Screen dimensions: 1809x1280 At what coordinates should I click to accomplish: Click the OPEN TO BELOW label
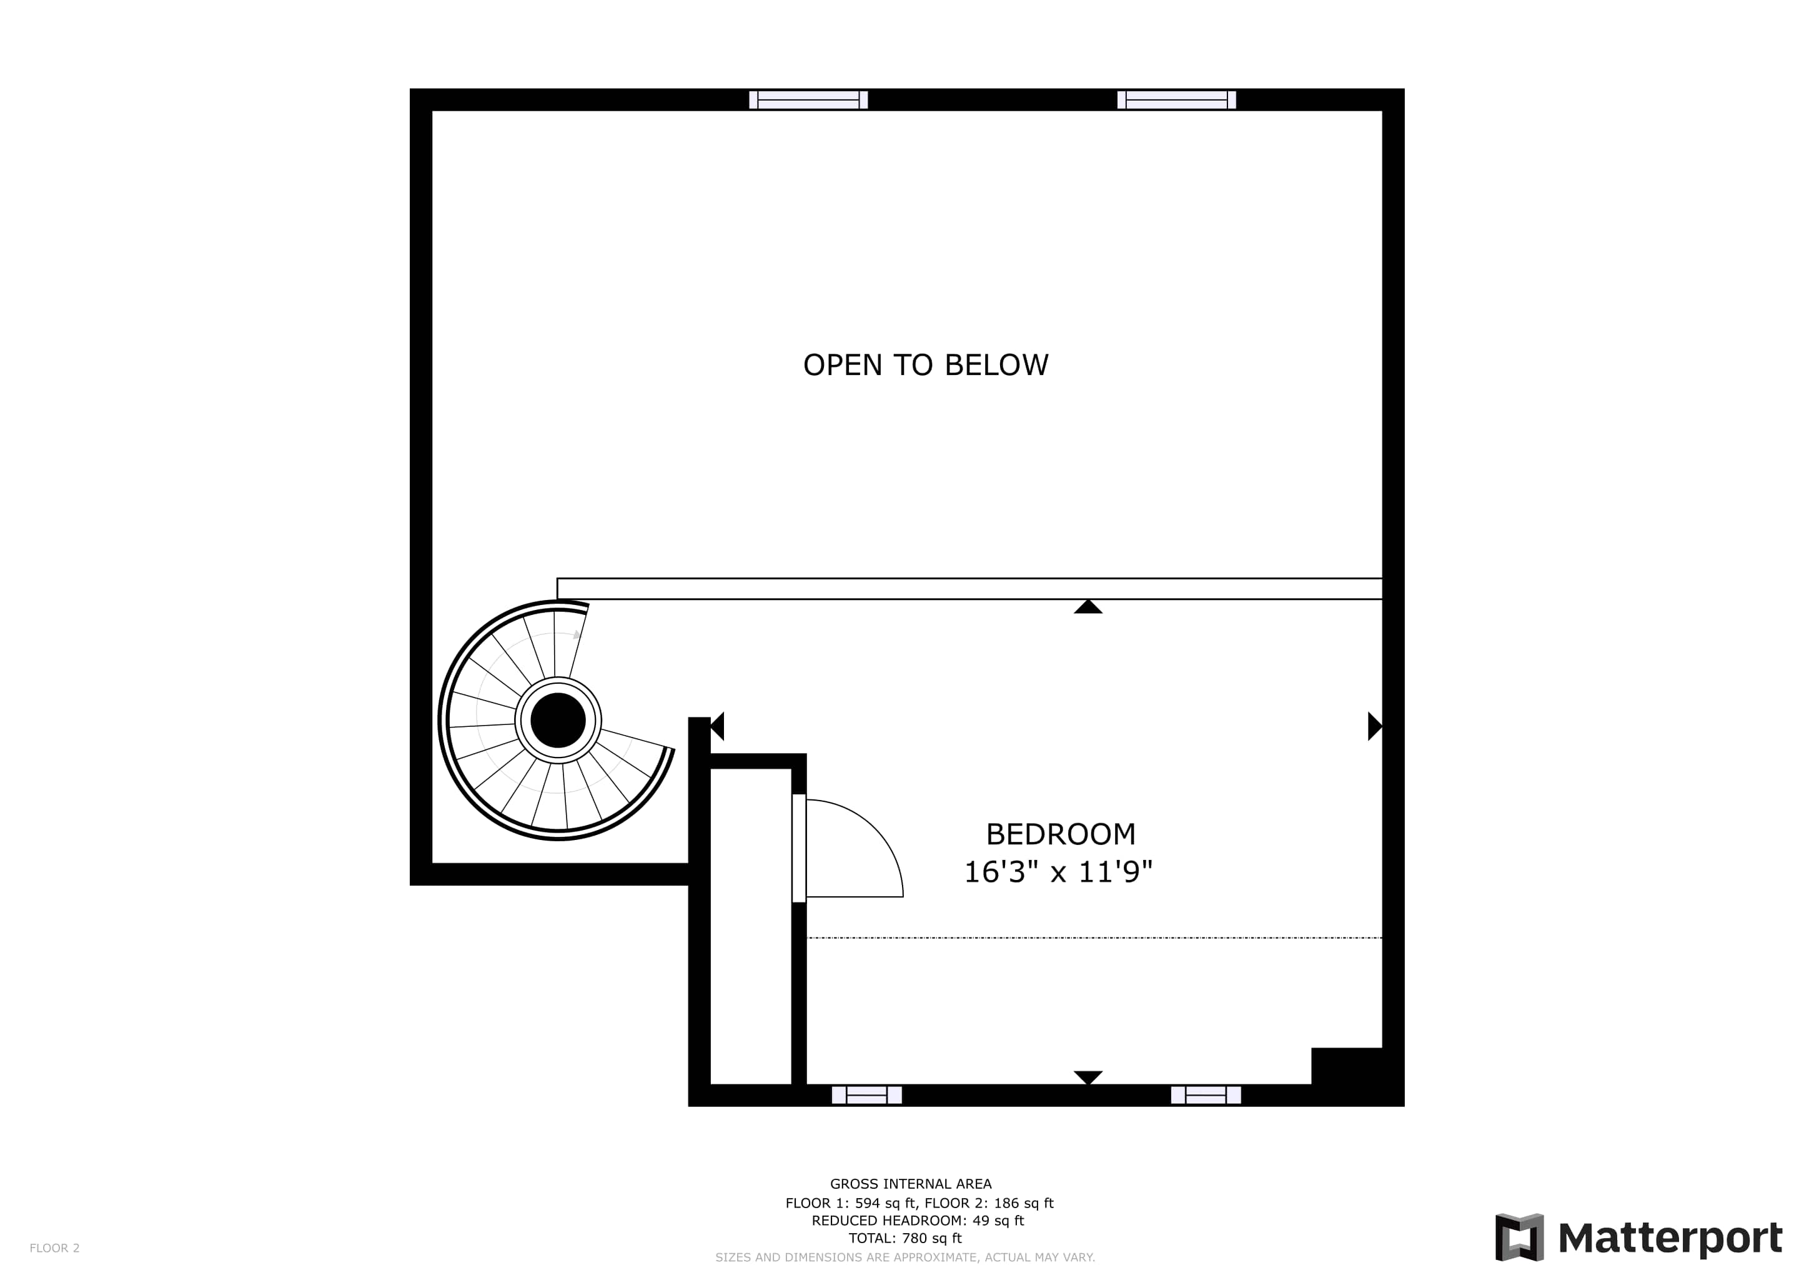[x=926, y=365]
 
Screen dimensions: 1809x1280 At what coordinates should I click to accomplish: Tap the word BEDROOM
[x=1061, y=834]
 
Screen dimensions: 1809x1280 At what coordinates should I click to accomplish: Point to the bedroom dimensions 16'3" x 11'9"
[x=1058, y=872]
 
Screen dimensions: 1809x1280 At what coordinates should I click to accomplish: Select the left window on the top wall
[x=808, y=100]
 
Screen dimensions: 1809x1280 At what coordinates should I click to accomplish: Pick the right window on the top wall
[x=1176, y=100]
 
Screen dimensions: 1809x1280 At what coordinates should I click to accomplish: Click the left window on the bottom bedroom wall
[x=866, y=1095]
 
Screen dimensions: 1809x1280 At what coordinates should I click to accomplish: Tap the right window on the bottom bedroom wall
[x=1206, y=1095]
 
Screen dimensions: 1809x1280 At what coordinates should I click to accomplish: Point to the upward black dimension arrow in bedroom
[x=1088, y=606]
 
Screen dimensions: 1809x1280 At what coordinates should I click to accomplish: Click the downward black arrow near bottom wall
[x=1088, y=1077]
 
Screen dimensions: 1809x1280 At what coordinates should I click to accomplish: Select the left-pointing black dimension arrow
[x=717, y=726]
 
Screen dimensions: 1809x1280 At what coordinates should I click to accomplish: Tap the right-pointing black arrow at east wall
[x=1375, y=726]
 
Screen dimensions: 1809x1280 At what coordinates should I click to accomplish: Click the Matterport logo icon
[x=1519, y=1237]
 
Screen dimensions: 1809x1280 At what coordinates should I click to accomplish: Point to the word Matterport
[x=1670, y=1237]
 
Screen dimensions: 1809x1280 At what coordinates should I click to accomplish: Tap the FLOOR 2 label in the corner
[x=54, y=1247]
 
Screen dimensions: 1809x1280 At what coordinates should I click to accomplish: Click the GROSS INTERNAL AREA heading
[x=911, y=1183]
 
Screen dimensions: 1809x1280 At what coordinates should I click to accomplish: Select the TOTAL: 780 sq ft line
[x=905, y=1237]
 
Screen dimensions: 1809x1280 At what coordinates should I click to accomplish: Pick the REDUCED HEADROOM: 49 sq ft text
[x=918, y=1220]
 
